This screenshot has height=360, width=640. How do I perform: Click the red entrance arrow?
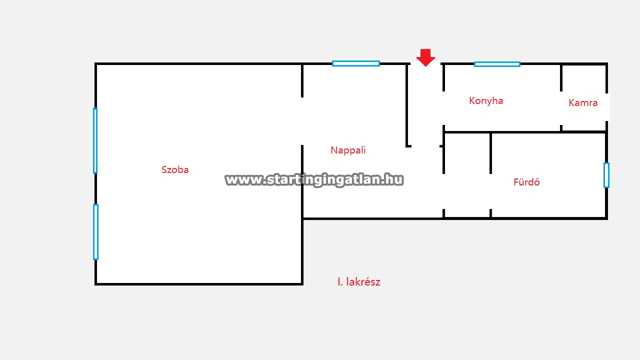tap(425, 57)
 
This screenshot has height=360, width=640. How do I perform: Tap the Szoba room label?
tap(175, 169)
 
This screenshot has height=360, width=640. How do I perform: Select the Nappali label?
tap(348, 150)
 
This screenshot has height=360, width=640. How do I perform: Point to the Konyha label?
tap(486, 101)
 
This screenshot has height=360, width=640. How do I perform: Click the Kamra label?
tap(583, 102)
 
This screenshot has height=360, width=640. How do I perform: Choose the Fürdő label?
tap(526, 182)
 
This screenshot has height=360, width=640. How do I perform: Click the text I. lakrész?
tap(359, 282)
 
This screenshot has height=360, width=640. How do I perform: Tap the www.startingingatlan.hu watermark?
tap(314, 180)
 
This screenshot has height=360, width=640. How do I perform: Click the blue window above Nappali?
tap(355, 63)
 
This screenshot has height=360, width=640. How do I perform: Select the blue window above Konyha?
tap(497, 64)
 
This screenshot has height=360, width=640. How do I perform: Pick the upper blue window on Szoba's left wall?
tap(95, 140)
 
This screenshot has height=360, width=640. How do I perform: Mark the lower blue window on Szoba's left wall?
tap(95, 231)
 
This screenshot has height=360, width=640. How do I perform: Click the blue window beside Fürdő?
tap(606, 175)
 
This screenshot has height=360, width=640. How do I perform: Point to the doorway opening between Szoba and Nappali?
tap(302, 121)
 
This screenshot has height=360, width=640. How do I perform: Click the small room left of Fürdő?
tap(467, 175)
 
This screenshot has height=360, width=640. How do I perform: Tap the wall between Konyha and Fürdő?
tap(524, 132)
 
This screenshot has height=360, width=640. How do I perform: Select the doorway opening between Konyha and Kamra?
tap(561, 108)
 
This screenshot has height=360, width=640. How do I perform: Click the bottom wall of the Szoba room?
tap(198, 284)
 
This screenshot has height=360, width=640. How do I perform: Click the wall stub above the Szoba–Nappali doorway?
tap(302, 80)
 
